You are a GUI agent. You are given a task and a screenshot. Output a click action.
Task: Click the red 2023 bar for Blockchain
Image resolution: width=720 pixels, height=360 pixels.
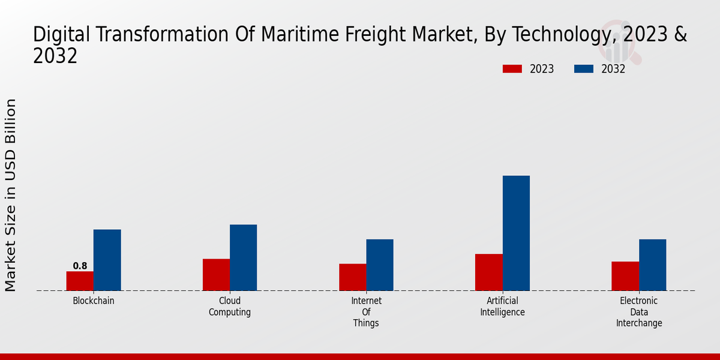pos(80,281)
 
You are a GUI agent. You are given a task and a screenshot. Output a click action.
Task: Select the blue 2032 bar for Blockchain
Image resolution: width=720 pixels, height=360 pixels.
pos(107,260)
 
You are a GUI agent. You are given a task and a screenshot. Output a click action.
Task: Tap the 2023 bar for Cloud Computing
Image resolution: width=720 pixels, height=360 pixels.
pos(216,275)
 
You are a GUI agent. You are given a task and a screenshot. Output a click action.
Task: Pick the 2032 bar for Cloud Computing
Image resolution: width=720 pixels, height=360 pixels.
pos(243,257)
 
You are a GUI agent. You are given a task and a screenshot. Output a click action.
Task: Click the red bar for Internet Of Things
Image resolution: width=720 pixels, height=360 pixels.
pos(352,277)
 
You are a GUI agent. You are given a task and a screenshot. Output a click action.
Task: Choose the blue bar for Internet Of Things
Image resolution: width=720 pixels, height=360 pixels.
pos(380,265)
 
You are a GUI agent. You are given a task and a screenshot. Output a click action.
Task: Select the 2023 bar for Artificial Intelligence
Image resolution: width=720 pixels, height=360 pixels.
pos(488,272)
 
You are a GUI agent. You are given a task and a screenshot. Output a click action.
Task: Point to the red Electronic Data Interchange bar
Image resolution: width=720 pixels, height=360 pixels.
pos(625,276)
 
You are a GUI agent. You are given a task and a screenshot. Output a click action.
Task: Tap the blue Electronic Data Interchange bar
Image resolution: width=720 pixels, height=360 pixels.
pos(652,265)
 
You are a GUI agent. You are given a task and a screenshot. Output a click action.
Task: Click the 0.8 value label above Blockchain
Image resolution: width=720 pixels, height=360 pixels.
pos(80,266)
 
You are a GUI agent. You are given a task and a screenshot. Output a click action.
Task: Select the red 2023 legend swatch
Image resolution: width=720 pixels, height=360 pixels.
pos(512,69)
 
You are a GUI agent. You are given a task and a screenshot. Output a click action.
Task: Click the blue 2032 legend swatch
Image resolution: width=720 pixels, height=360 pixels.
pos(584,69)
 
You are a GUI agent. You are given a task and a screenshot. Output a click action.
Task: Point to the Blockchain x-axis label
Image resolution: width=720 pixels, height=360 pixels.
pos(94,301)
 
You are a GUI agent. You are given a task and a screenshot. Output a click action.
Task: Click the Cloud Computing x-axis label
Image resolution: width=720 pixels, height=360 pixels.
pos(230,307)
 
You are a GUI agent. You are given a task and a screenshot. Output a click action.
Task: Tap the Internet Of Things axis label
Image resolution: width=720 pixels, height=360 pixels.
pos(366,312)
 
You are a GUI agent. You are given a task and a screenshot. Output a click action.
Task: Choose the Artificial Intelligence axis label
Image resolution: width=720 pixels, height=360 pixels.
pos(502,307)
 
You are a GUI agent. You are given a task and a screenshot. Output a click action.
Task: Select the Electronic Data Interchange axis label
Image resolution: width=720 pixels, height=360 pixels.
pos(638,312)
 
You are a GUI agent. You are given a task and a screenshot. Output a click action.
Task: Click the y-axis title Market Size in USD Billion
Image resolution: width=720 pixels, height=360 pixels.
pos(11,195)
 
